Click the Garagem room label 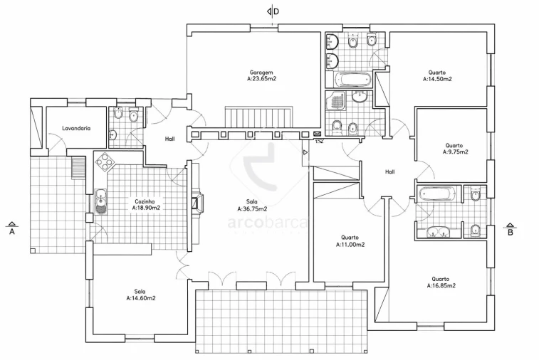pyautogui.click(x=262, y=72)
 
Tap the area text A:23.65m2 pyautogui.click(x=262, y=79)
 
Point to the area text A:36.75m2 pyautogui.click(x=253, y=209)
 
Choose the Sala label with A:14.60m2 pyautogui.click(x=140, y=290)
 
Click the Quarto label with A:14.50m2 pyautogui.click(x=437, y=72)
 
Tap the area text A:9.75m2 pyautogui.click(x=453, y=152)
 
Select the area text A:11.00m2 pyautogui.click(x=350, y=244)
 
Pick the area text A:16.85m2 pyautogui.click(x=441, y=285)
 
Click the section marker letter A pyautogui.click(x=11, y=232)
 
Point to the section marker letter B pyautogui.click(x=510, y=232)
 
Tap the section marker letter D pyautogui.click(x=276, y=11)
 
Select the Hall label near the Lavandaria pyautogui.click(x=169, y=139)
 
